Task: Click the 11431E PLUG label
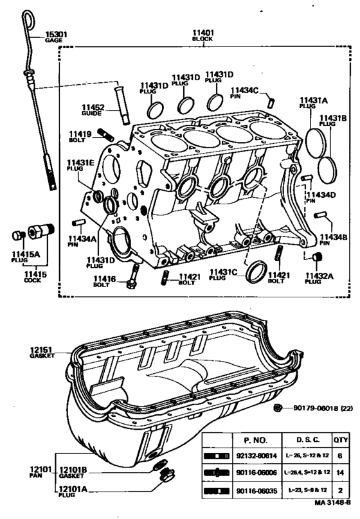point(80,165)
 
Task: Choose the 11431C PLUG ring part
point(258,270)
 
